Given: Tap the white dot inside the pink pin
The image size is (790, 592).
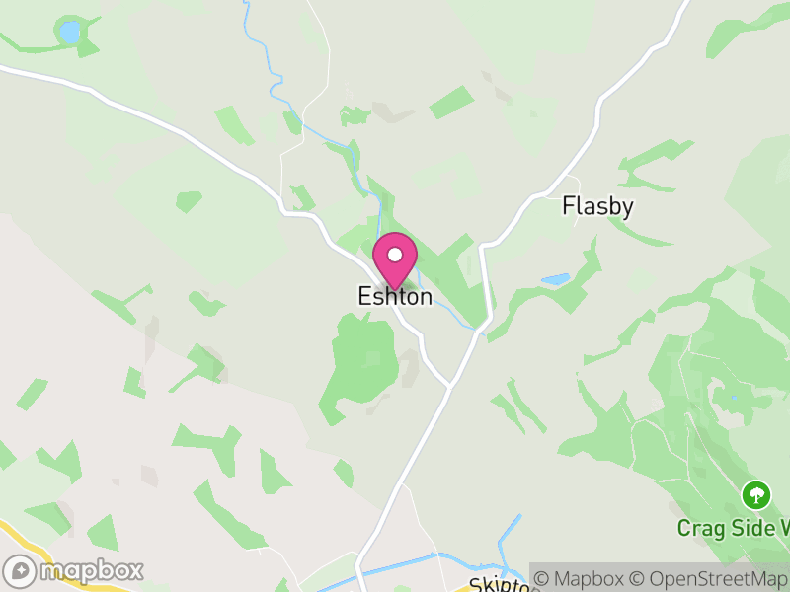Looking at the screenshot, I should tap(395, 255).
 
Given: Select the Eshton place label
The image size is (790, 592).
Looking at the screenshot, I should tap(395, 297).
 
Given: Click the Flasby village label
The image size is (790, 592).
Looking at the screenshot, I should tap(597, 206).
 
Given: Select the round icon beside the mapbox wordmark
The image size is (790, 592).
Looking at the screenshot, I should tap(21, 571).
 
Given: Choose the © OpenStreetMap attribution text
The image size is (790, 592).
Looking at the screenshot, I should tap(711, 578).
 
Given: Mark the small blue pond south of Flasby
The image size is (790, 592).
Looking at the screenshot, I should tap(555, 280).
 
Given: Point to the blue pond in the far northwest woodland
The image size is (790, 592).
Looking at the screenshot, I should tap(69, 32).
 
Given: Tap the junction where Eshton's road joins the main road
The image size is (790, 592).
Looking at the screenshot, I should tap(449, 384).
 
